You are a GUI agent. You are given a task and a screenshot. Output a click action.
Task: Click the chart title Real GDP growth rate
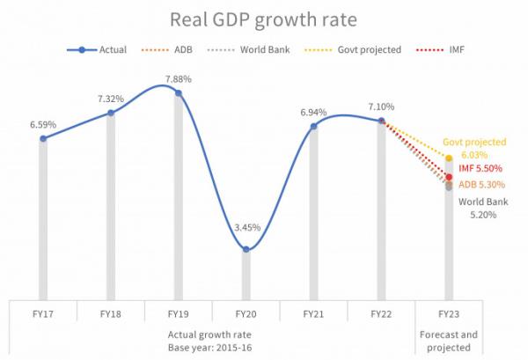(264, 18)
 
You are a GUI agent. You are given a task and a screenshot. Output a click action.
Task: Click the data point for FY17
(42, 139)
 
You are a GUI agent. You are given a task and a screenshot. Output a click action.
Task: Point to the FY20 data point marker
(246, 250)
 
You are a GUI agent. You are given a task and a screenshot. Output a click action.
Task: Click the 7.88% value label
(178, 79)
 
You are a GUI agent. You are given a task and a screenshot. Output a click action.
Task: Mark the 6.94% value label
(313, 113)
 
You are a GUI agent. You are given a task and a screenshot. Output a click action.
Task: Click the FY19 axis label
(178, 313)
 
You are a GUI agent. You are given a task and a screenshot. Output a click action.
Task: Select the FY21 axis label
(313, 313)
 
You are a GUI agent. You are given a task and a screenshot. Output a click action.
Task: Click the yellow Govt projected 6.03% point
(450, 158)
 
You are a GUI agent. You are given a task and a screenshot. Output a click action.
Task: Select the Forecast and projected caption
(449, 340)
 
